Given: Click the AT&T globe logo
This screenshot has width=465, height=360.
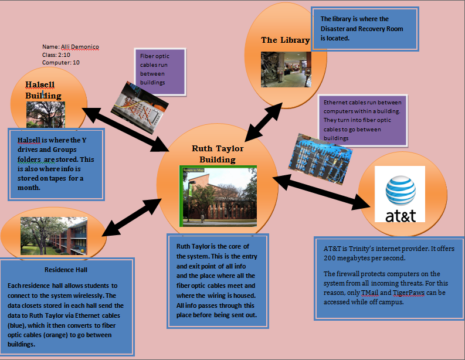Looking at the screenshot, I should click(400, 191).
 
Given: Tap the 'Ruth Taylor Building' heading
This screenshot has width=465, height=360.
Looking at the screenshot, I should click(218, 154).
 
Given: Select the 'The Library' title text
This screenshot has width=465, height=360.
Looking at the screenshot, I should click(285, 40).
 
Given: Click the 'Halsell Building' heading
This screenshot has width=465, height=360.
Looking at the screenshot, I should click(43, 90).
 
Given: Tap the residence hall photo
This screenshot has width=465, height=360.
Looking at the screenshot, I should click(54, 236).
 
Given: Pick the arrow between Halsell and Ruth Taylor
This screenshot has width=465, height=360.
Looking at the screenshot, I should click(124, 127).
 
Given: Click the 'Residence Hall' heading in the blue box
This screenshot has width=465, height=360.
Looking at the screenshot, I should click(66, 270).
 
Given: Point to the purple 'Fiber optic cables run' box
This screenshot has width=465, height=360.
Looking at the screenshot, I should click(159, 70).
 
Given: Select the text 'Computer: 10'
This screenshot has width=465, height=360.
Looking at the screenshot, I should click(61, 62).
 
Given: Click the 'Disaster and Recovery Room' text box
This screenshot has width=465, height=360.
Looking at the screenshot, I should click(366, 29).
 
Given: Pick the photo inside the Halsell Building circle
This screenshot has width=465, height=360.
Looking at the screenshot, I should click(45, 115).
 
